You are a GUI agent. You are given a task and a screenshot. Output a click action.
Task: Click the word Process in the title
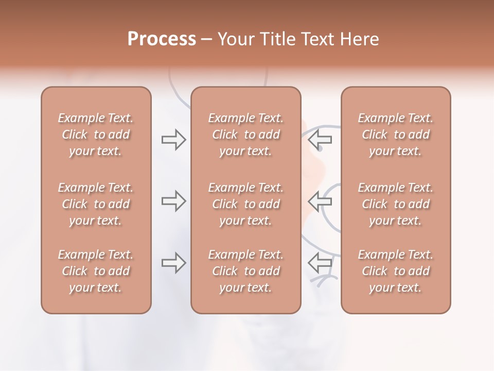click(162, 39)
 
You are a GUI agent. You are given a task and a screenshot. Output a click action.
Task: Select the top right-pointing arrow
click(174, 140)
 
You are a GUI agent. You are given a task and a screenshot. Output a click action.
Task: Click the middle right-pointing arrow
click(174, 201)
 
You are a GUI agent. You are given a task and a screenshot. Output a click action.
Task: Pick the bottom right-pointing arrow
click(174, 263)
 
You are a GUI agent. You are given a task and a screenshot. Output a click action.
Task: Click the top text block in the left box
click(96, 134)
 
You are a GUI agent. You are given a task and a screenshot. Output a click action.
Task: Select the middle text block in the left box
click(96, 204)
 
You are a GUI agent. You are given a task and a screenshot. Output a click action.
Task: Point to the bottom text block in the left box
click(96, 271)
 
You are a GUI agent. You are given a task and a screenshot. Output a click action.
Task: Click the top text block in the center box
click(246, 134)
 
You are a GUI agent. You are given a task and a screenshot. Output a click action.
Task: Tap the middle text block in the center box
click(246, 204)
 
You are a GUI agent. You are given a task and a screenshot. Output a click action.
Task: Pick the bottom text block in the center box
click(246, 271)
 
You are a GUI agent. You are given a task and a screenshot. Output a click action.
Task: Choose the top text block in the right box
click(396, 134)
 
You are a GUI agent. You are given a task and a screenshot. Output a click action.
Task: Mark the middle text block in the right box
click(396, 204)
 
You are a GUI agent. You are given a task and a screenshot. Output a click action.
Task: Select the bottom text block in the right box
click(396, 271)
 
